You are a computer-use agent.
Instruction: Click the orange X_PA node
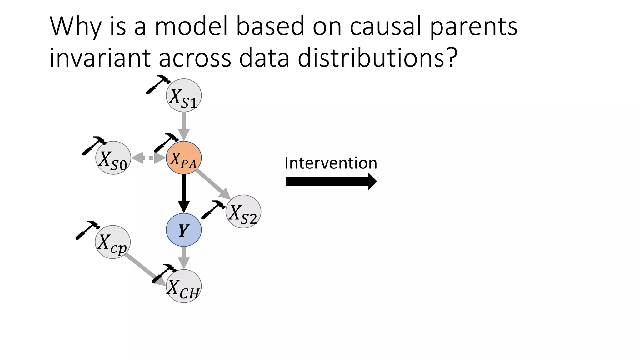pyautogui.click(x=184, y=158)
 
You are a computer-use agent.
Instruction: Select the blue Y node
pyautogui.click(x=184, y=230)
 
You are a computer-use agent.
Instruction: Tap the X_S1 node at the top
pyautogui.click(x=184, y=95)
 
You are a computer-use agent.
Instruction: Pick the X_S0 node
pyautogui.click(x=113, y=158)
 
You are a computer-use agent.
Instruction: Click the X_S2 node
pyautogui.click(x=243, y=212)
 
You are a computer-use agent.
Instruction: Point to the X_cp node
pyautogui.click(x=112, y=242)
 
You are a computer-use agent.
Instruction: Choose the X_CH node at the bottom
pyautogui.click(x=184, y=286)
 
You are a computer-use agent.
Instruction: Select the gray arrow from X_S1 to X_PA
pyautogui.click(x=184, y=125)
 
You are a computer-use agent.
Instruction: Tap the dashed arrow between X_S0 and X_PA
pyautogui.click(x=148, y=158)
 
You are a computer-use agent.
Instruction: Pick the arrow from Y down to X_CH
pyautogui.click(x=184, y=257)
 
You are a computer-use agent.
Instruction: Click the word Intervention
pyautogui.click(x=331, y=163)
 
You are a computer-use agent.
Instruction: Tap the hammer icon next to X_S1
pyautogui.click(x=158, y=84)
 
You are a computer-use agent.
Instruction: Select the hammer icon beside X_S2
pyautogui.click(x=213, y=210)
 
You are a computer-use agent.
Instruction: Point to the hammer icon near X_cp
pyautogui.click(x=87, y=230)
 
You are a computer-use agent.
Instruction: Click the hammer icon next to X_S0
pyautogui.click(x=94, y=146)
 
